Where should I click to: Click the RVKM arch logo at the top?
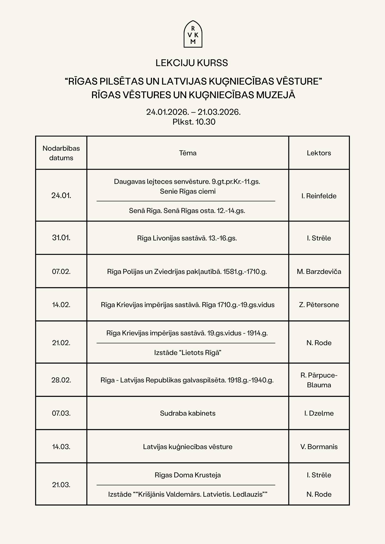click(x=193, y=34)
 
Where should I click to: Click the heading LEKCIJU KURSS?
click(x=192, y=63)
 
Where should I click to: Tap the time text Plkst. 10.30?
click(x=194, y=122)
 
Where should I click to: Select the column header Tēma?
click(x=188, y=153)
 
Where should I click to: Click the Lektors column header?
click(x=319, y=153)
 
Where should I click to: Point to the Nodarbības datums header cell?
click(x=61, y=153)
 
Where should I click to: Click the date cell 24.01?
click(x=61, y=195)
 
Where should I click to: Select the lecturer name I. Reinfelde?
click(x=319, y=196)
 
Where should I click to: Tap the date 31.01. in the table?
click(x=61, y=238)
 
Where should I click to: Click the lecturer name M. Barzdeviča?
click(x=319, y=271)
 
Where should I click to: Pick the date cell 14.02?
click(x=61, y=305)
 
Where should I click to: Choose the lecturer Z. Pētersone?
click(x=319, y=305)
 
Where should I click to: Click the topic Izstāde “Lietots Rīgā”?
click(x=188, y=353)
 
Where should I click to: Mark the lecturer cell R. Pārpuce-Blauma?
click(x=319, y=380)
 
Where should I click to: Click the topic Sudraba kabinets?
click(x=188, y=413)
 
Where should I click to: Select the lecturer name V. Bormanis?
click(x=319, y=447)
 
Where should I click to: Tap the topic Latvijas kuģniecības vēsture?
click(x=188, y=447)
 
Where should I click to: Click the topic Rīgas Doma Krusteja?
click(x=188, y=475)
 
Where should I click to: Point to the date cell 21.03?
click(x=61, y=485)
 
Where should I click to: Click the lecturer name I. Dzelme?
click(x=319, y=413)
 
